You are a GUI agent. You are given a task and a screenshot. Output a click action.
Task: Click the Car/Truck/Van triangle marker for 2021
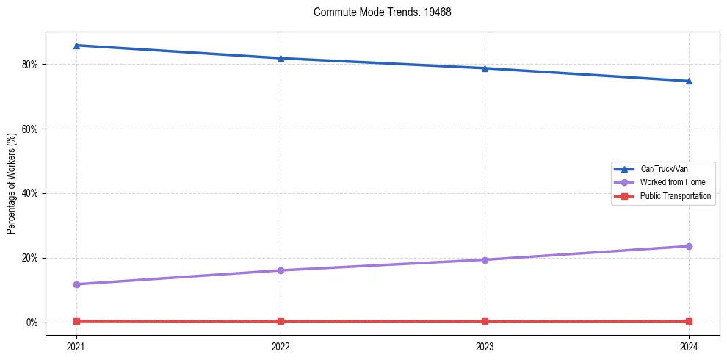pyautogui.click(x=76, y=46)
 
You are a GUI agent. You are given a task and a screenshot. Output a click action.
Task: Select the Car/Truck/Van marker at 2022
pyautogui.click(x=281, y=58)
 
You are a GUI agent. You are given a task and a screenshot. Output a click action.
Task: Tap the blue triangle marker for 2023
pyautogui.click(x=485, y=68)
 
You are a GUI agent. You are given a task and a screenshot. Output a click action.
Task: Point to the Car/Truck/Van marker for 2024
pyautogui.click(x=689, y=81)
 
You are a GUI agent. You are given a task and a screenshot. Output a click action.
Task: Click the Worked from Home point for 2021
pyautogui.click(x=76, y=284)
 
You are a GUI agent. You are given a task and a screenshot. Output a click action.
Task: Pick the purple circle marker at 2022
pyautogui.click(x=281, y=270)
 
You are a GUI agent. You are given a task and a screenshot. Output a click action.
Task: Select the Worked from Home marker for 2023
pyautogui.click(x=485, y=259)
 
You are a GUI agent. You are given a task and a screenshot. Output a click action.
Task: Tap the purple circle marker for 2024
pyautogui.click(x=689, y=246)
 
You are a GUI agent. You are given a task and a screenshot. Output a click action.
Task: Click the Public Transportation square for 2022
pyautogui.click(x=281, y=321)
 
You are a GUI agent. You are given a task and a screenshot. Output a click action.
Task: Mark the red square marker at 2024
pyautogui.click(x=689, y=321)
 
